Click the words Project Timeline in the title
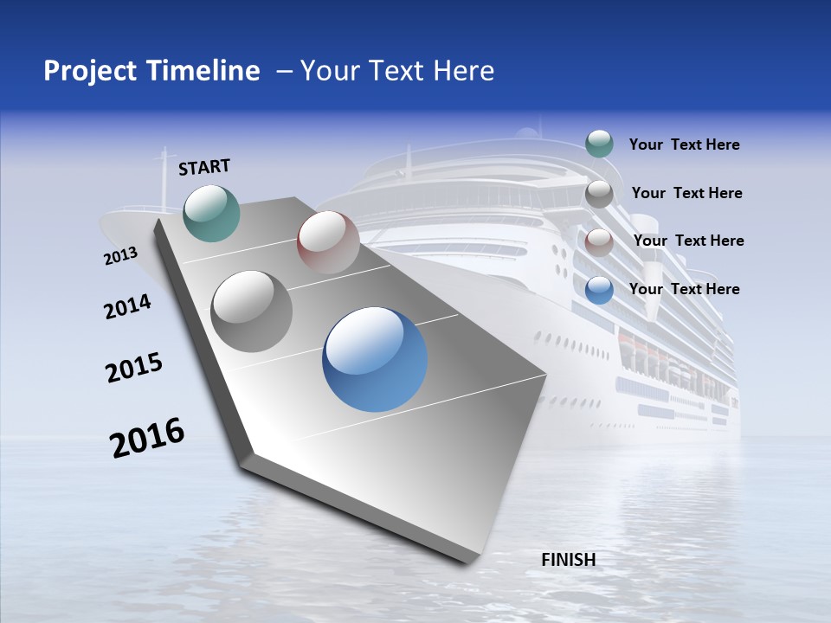click(151, 71)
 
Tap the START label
click(204, 167)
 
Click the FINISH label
click(569, 560)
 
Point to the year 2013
click(120, 256)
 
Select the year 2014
click(127, 306)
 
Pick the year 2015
click(134, 368)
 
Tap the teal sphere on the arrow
click(211, 213)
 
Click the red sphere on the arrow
click(328, 242)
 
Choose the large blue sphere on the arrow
click(375, 359)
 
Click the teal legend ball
click(599, 145)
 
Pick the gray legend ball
click(599, 194)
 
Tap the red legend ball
click(599, 242)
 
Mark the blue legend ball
click(599, 290)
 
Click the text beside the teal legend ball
click(684, 145)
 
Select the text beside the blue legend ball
click(684, 289)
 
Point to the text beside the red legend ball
click(688, 241)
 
